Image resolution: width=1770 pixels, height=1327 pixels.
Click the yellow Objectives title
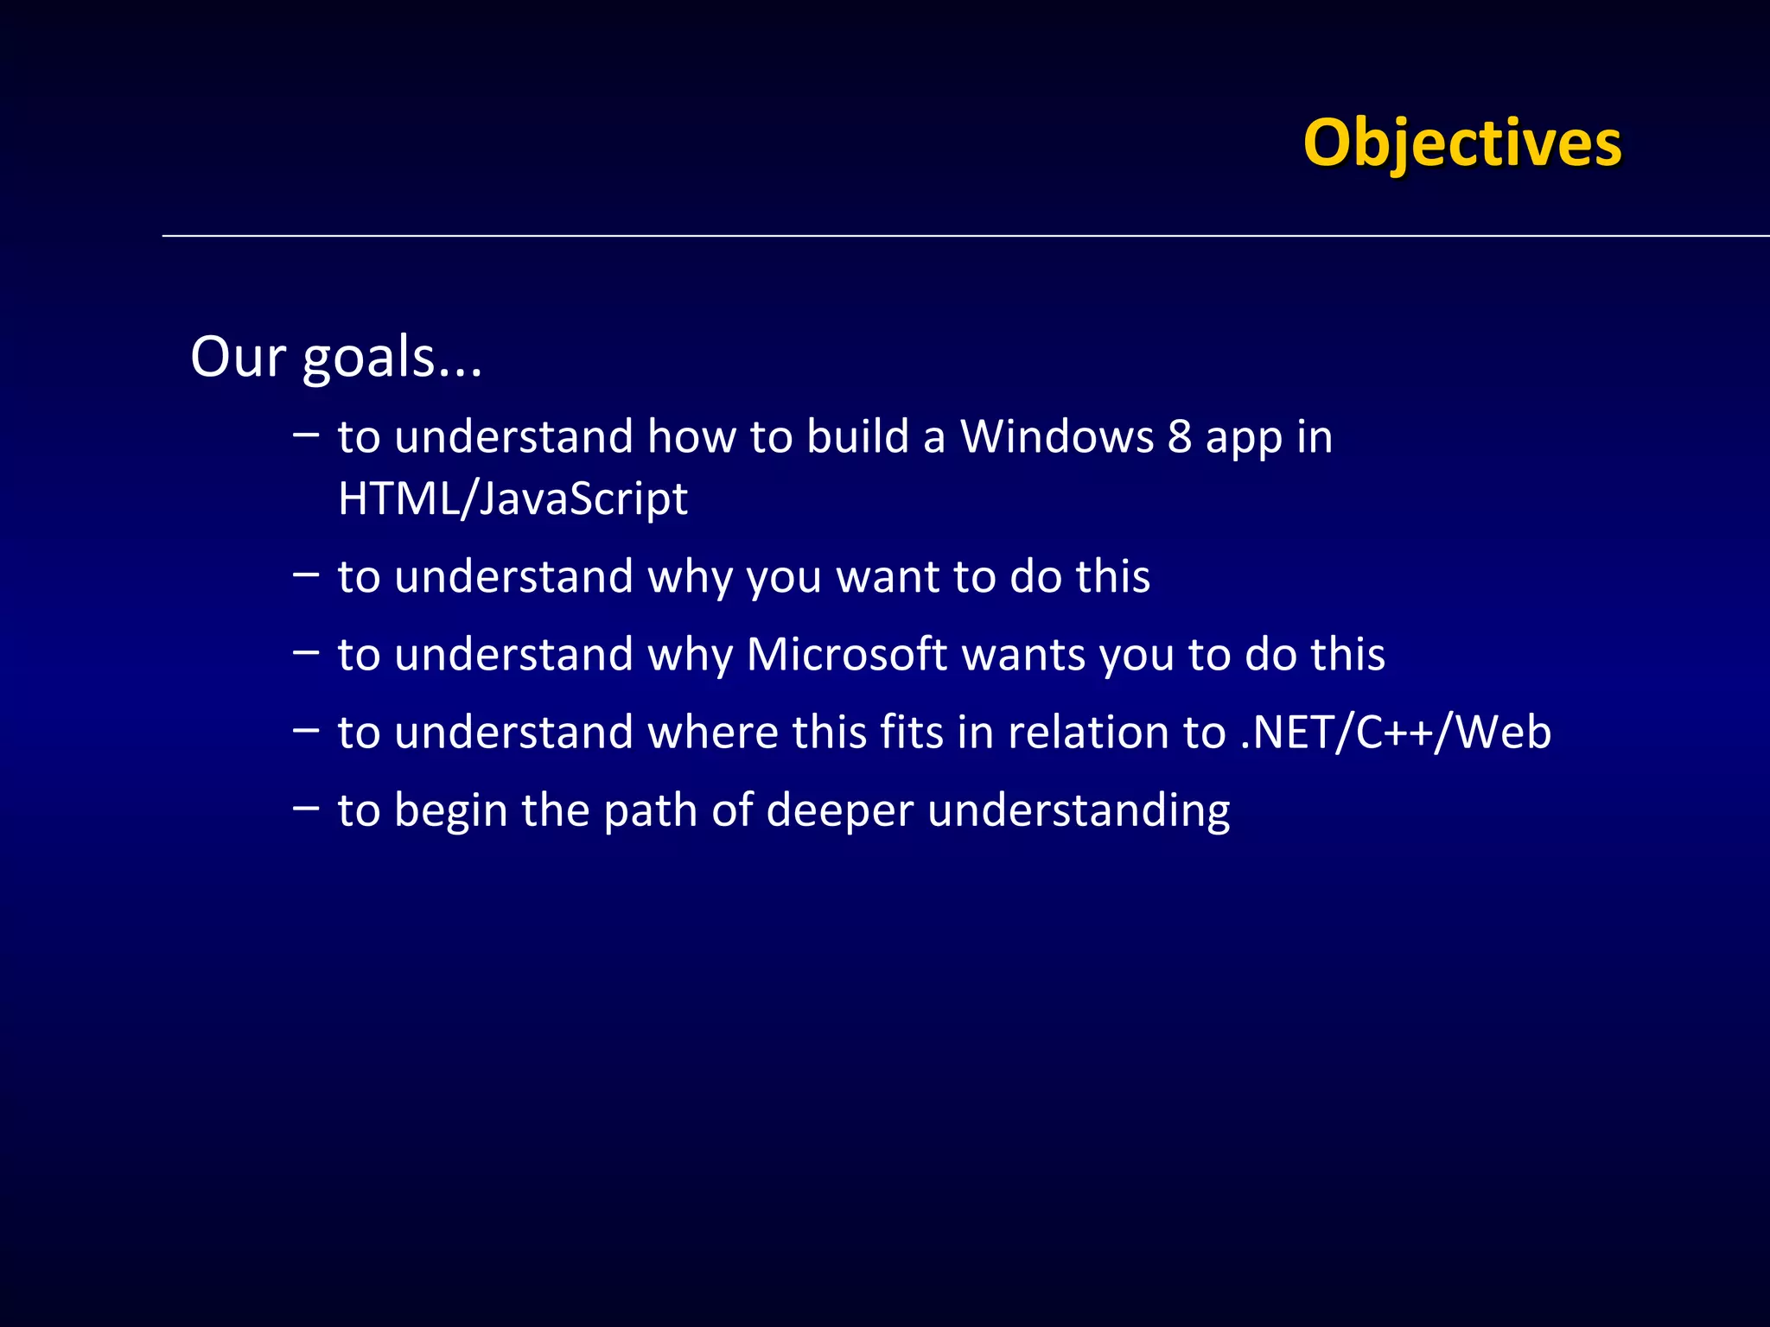1462,143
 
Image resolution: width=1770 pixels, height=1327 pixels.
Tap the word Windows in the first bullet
1057,436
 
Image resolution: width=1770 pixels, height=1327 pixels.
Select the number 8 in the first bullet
1180,436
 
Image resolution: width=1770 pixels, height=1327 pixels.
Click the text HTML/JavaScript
513,499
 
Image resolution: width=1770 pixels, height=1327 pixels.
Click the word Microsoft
846,654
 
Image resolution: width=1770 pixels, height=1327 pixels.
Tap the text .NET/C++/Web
1396,733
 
